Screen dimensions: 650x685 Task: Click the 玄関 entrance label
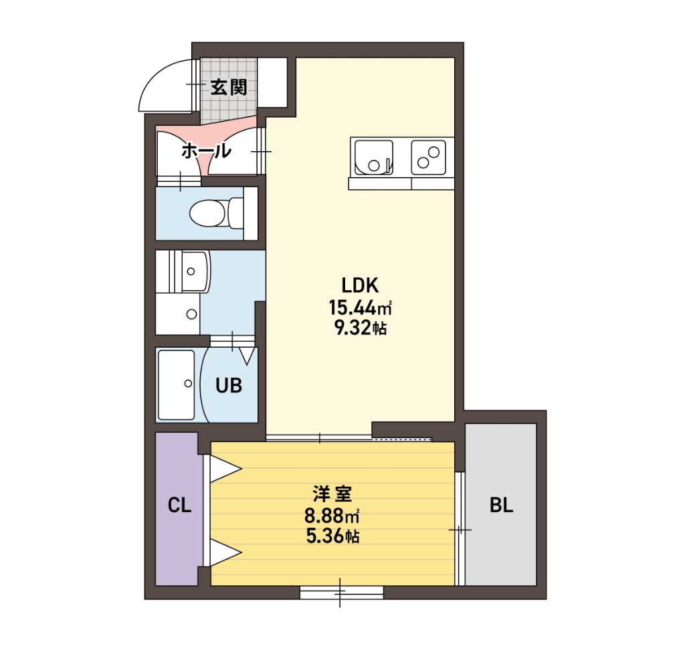229,87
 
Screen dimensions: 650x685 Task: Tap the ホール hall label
206,151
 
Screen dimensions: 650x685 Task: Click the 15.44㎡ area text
359,308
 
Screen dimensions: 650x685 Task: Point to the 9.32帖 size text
359,328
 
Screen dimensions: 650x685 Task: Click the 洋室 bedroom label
332,495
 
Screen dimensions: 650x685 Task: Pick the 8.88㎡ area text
332,516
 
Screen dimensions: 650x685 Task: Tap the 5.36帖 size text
332,536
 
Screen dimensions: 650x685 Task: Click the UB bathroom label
228,385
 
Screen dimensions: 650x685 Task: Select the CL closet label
179,506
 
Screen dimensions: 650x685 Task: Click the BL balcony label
501,506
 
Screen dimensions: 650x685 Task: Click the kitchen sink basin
374,156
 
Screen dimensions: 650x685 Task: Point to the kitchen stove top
428,156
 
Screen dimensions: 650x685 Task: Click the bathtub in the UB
177,385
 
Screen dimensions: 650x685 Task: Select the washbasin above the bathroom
192,272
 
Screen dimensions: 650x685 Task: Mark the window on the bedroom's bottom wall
341,592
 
